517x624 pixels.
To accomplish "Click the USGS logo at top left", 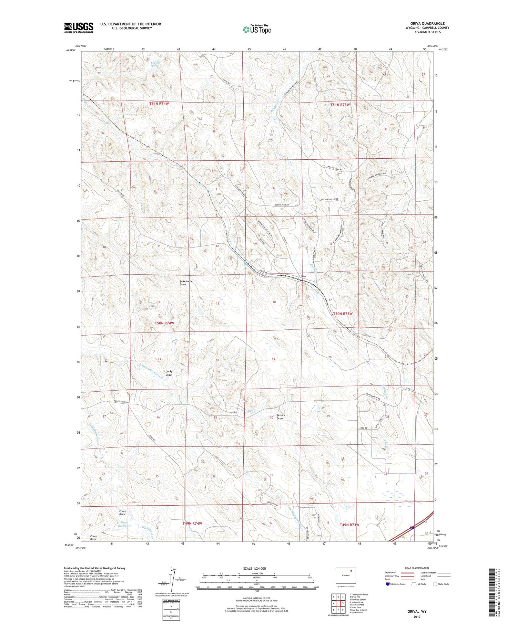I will (79, 28).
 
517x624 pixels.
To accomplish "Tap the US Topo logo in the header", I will (257, 29).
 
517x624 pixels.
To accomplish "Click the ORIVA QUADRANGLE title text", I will (422, 23).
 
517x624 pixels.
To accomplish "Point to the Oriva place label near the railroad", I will (303, 276).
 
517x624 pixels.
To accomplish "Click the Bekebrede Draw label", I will (186, 283).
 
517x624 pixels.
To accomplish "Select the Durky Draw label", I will (169, 373).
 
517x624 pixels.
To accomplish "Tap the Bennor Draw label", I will (280, 416).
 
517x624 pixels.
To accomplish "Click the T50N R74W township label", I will (164, 323).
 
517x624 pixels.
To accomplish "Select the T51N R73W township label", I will (340, 104).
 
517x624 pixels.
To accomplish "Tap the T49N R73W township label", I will (349, 525).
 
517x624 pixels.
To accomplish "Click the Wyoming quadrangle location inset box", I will (346, 575).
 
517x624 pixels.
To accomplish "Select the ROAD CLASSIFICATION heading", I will (417, 568).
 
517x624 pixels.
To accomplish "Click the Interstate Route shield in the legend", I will (388, 584).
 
